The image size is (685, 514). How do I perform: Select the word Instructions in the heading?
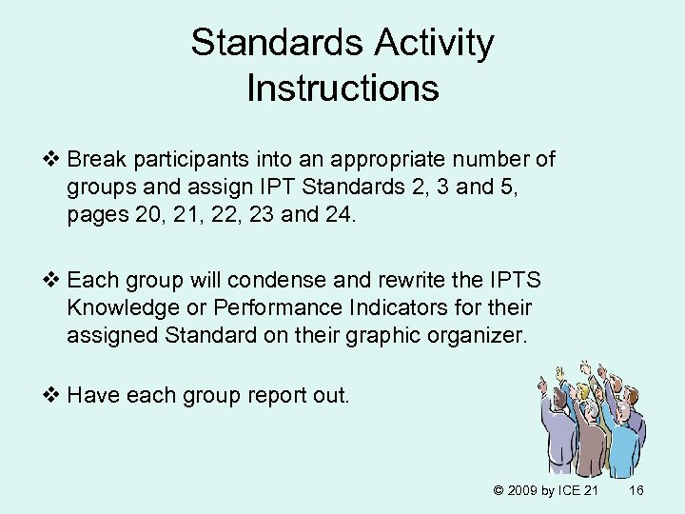pyautogui.click(x=342, y=89)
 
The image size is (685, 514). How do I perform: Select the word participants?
pyautogui.click(x=184, y=158)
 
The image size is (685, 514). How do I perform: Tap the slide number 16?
pyautogui.click(x=637, y=490)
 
